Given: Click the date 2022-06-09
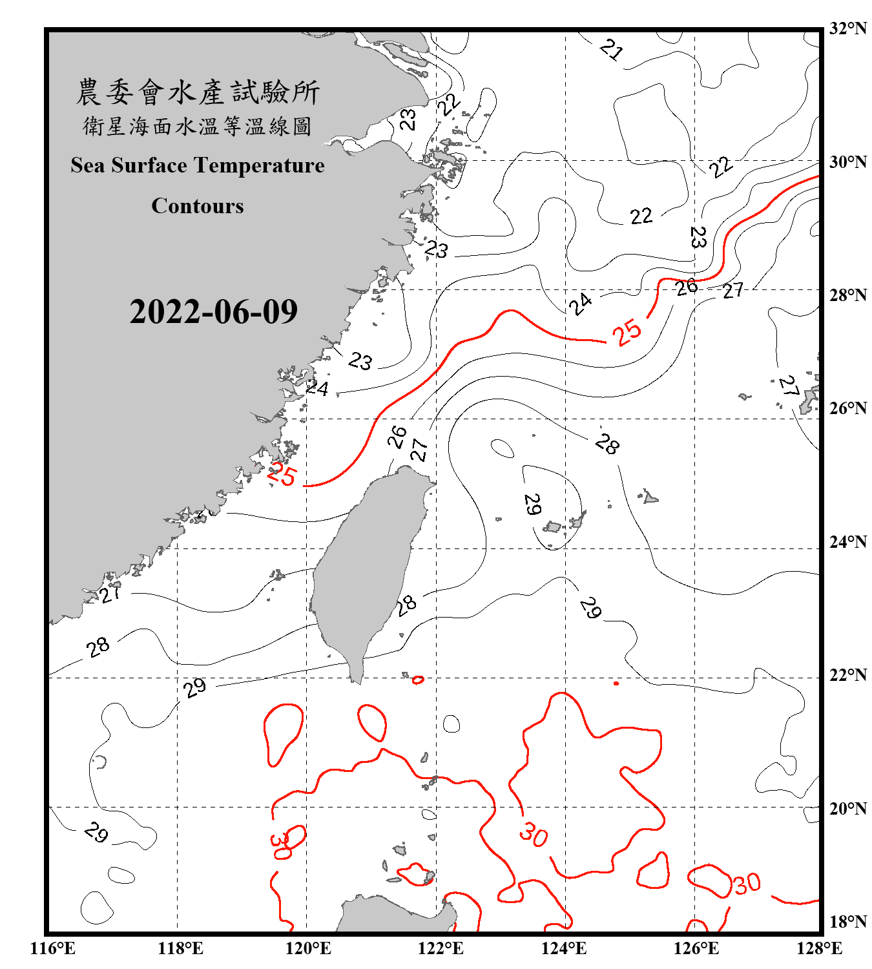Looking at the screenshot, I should (213, 311).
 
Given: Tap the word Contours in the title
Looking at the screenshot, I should (198, 206).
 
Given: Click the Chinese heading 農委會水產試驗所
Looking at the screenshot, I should (198, 92).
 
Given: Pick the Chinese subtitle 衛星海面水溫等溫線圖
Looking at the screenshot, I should (198, 126).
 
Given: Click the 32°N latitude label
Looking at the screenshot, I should (847, 28).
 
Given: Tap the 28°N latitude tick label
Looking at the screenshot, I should (847, 295).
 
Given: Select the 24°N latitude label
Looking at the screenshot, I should (847, 542).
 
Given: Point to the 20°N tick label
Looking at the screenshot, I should (847, 808).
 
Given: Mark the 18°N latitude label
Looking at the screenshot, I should (847, 921).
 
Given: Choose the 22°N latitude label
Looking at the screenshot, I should (847, 675).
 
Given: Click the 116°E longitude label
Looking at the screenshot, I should (52, 948).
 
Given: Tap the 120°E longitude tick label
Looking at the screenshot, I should (308, 948).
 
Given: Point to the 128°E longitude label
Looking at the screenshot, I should (819, 948).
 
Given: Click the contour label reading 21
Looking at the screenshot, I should (610, 49).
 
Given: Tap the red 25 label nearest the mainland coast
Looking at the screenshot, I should (282, 475).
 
